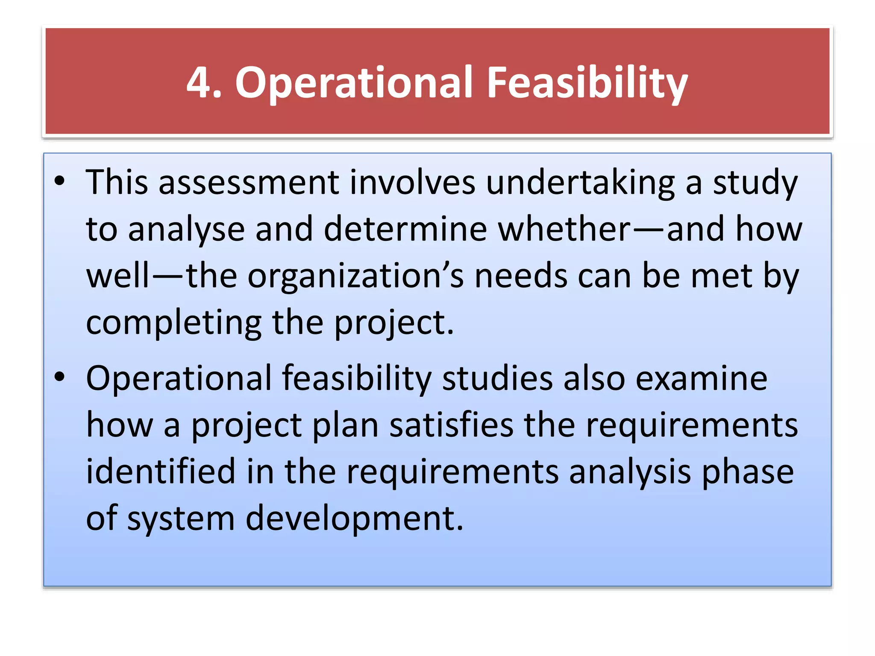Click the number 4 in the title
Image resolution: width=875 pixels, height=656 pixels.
point(199,82)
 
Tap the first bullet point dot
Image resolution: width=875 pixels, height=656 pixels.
point(60,181)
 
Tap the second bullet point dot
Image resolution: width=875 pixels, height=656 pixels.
point(60,377)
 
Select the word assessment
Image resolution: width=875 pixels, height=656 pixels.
point(249,183)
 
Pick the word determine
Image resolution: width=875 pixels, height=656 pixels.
point(405,229)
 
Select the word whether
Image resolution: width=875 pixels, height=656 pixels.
point(564,229)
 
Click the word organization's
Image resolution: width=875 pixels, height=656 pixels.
point(355,277)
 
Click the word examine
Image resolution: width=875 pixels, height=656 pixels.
point(701,378)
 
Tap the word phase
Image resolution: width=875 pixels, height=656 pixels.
point(747,473)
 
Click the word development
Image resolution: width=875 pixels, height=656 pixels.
point(354,519)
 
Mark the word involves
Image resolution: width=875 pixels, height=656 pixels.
point(412,183)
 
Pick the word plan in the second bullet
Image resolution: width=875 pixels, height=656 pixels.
point(345,426)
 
